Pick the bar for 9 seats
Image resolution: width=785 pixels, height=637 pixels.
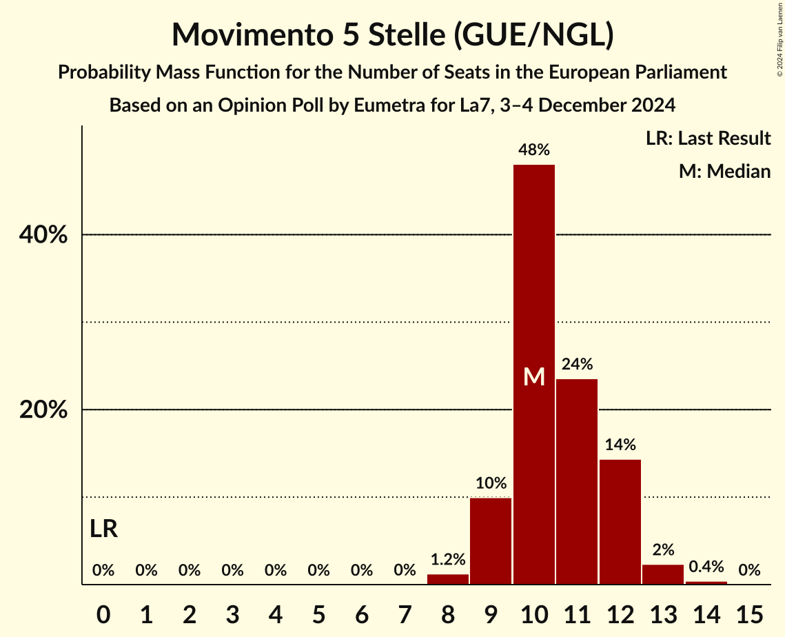click(491, 541)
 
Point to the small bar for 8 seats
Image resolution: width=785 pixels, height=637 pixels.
click(447, 579)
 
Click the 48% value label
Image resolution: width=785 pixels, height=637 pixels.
click(534, 150)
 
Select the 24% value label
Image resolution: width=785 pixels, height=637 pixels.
click(577, 364)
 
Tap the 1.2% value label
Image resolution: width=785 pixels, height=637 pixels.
click(447, 559)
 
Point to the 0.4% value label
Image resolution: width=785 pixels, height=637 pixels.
click(706, 567)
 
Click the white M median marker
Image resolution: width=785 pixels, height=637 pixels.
click(534, 376)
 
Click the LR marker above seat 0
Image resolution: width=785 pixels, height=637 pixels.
click(103, 529)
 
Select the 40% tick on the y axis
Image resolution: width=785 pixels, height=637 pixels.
click(43, 235)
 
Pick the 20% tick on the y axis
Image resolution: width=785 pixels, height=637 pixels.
click(43, 410)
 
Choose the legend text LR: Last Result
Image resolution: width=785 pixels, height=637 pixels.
click(708, 139)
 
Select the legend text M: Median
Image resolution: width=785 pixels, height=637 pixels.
click(724, 171)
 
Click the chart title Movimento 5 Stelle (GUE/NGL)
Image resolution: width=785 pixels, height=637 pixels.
click(392, 34)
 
